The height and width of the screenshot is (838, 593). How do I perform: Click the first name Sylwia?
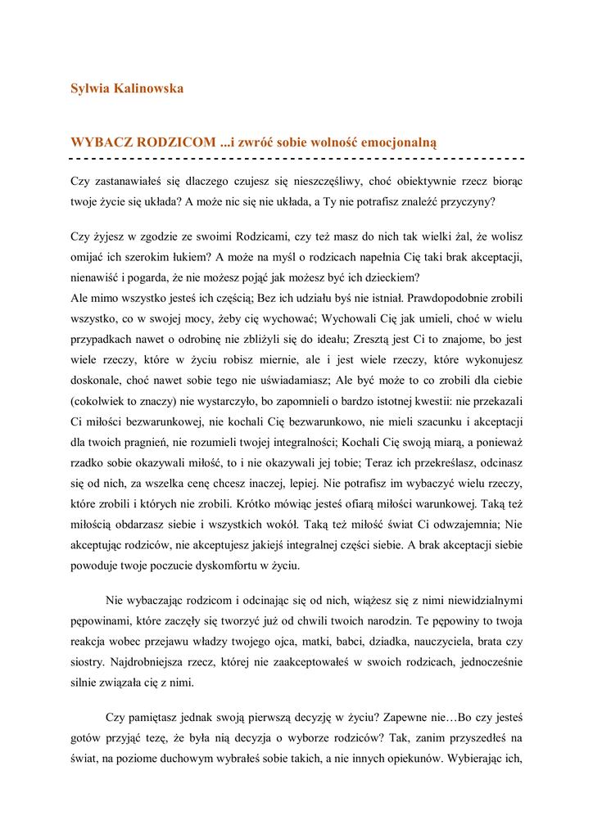pyautogui.click(x=89, y=88)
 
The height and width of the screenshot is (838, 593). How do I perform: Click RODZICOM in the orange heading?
pyautogui.click(x=175, y=142)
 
